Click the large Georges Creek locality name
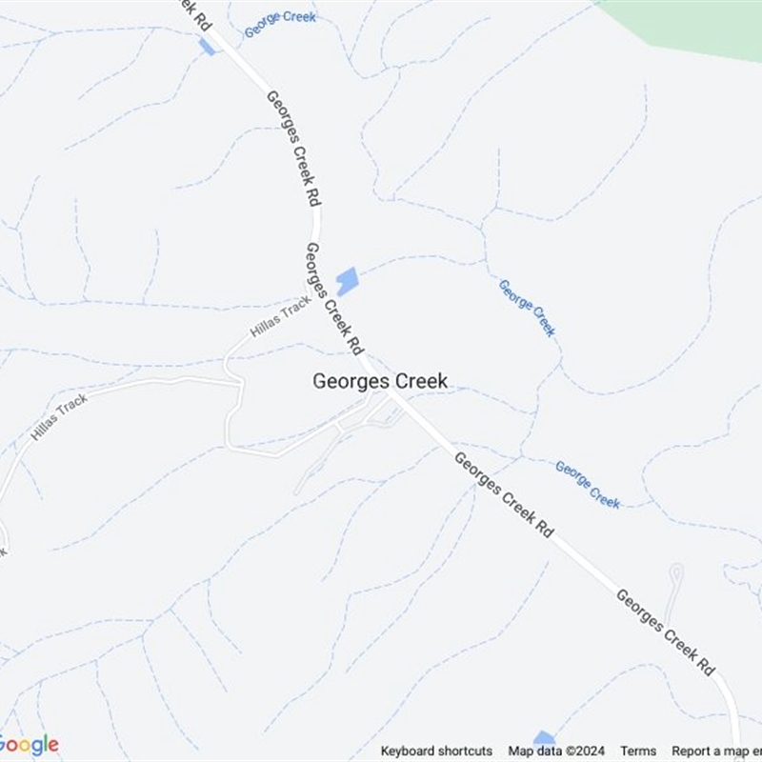pos(380,381)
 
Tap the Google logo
pos(29,745)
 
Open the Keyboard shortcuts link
pos(436,751)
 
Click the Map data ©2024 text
pos(556,751)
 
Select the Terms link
pos(638,751)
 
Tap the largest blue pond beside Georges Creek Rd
pos(347,282)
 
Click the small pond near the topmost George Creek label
pos(207,47)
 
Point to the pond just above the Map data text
pos(544,737)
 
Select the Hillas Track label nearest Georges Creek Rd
pos(280,316)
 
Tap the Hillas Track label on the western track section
pos(59,416)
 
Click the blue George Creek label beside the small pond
pos(280,24)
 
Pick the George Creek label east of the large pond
pos(527,308)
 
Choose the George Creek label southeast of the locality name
pos(588,484)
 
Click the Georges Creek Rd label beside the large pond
pos(334,295)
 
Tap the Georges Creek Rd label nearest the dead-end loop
pos(665,632)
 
